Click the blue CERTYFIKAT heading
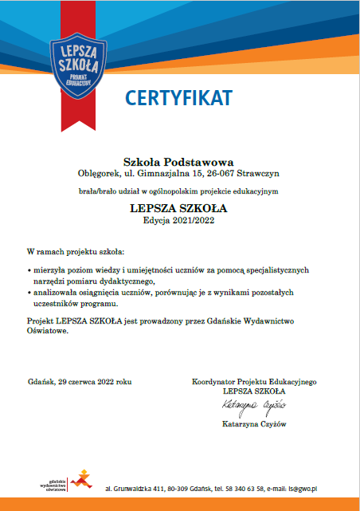[178, 97]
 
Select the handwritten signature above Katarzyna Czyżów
[253, 407]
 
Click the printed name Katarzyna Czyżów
[253, 424]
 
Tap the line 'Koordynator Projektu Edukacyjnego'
[254, 382]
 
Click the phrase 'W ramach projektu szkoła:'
[73, 252]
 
